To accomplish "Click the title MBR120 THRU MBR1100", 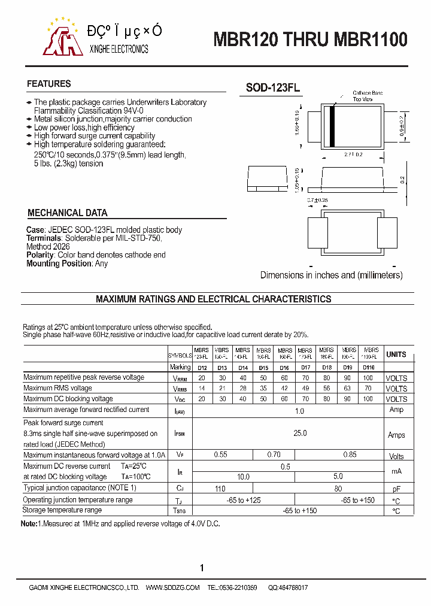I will click(311, 40).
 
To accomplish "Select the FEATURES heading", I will click(49, 84).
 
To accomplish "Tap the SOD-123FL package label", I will click(273, 88).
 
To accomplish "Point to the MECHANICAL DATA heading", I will click(68, 213).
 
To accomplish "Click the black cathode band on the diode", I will click(332, 126).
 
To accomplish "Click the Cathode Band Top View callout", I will click(367, 96).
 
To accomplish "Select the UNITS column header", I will click(396, 354).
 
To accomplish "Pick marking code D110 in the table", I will click(368, 367).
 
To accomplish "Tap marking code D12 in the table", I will click(202, 367).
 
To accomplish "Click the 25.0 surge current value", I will click(299, 433).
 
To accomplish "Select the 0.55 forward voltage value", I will click(221, 455).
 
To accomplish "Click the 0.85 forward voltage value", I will click(350, 455).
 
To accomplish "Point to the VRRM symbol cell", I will click(180, 378).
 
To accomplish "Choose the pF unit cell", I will click(396, 489).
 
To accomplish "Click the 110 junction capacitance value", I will click(220, 489).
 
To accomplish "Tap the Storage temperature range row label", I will click(62, 510).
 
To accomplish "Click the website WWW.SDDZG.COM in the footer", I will click(172, 588).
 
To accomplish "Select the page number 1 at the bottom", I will click(202, 568).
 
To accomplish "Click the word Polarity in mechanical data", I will click(40, 255).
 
